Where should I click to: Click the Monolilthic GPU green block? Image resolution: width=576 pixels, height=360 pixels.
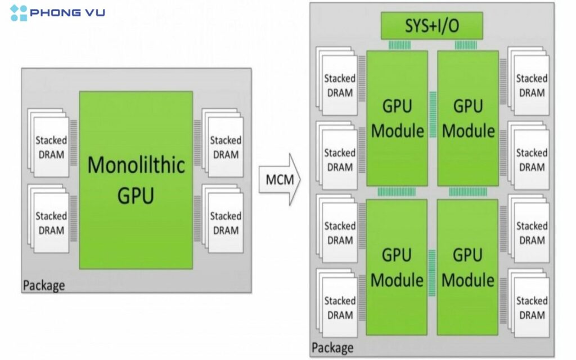pos(136,180)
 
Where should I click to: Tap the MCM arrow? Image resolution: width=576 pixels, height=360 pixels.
pos(280,179)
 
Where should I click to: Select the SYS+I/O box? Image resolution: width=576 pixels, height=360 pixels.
pos(432,26)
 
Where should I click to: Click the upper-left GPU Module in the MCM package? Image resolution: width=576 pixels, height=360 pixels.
pos(397,118)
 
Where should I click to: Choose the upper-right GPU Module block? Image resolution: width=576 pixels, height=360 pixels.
pos(468,118)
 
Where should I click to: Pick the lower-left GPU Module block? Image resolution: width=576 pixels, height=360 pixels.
pos(397,267)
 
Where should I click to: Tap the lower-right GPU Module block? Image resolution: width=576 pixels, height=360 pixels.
pos(468,267)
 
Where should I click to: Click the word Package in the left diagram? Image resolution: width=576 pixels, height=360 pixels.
pos(44,285)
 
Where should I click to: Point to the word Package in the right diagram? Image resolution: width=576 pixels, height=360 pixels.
pos(333,347)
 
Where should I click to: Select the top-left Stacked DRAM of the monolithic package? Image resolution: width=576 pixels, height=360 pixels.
pos(51,147)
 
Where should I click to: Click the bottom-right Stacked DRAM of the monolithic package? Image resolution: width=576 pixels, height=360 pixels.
pos(225,223)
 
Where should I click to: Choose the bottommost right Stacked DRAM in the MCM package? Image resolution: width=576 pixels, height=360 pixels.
pos(531,307)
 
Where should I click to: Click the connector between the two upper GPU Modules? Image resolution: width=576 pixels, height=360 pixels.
pos(433,114)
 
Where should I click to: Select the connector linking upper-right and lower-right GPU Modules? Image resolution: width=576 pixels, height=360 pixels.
pos(468,192)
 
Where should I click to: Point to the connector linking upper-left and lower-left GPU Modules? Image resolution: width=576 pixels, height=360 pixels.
pos(397,192)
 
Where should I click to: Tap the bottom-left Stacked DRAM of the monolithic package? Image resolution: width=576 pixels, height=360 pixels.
pos(51,223)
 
